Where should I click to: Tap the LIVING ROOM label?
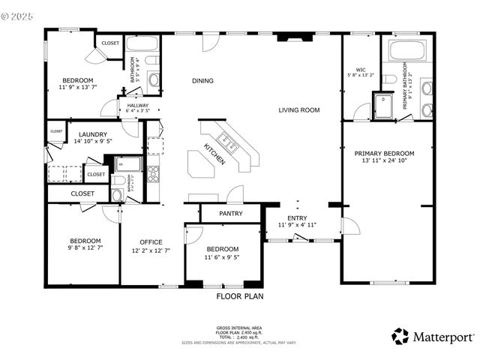pos(299,110)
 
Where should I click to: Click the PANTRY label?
pos(229,213)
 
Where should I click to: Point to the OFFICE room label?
pos(151,241)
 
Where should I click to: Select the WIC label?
pos(360,69)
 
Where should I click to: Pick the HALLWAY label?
pos(137,106)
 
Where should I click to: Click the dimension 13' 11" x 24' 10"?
pos(384,160)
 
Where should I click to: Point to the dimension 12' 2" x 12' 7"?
pos(151,250)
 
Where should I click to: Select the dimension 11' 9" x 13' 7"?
pos(77,88)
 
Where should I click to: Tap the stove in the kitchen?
pos(153,173)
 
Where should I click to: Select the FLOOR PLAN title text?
pos(239,296)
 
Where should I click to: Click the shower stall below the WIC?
pos(382,107)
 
